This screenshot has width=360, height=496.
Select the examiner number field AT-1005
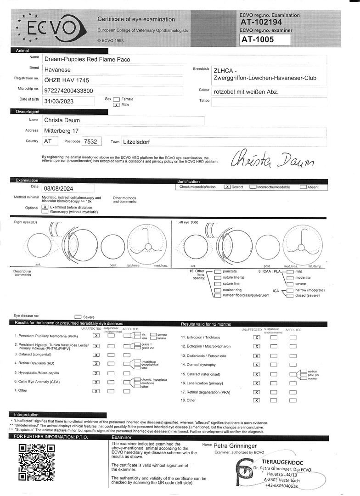(265, 40)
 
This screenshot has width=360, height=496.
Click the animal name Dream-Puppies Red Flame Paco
(87, 59)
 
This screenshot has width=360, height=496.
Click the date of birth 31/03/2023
(58, 101)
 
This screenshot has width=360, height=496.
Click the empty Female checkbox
(116, 99)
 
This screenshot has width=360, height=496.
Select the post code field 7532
(89, 142)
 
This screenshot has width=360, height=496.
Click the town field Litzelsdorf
(138, 142)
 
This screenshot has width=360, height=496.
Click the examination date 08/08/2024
(59, 188)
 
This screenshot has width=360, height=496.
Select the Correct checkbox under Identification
(227, 187)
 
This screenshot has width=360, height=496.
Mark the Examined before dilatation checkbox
(45, 207)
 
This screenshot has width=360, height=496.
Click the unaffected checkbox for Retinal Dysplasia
(96, 363)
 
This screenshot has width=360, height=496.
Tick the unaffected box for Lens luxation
(257, 383)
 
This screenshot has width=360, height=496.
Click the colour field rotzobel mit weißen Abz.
(245, 92)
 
